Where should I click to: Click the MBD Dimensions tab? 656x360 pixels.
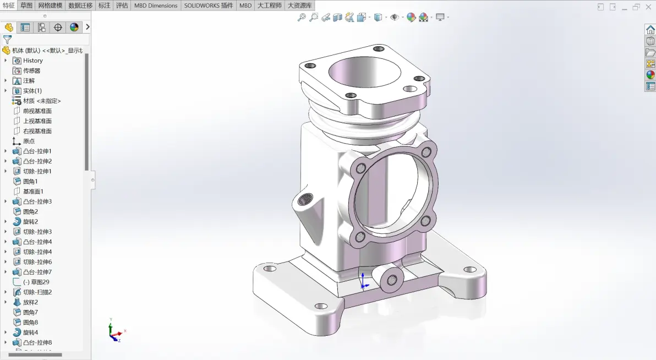click(x=156, y=6)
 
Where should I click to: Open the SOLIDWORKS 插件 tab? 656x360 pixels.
click(x=209, y=6)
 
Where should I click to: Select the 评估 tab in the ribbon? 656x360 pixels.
click(x=122, y=6)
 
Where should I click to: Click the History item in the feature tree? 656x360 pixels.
click(x=32, y=61)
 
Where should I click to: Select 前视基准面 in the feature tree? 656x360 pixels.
click(x=37, y=111)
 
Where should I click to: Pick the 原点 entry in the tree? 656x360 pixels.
click(x=29, y=141)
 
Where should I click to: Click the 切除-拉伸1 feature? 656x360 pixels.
click(x=37, y=171)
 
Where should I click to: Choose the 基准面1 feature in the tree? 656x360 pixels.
click(x=33, y=192)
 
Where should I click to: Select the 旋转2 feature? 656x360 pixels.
click(x=30, y=221)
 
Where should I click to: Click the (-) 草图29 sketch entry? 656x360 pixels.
click(x=36, y=282)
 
